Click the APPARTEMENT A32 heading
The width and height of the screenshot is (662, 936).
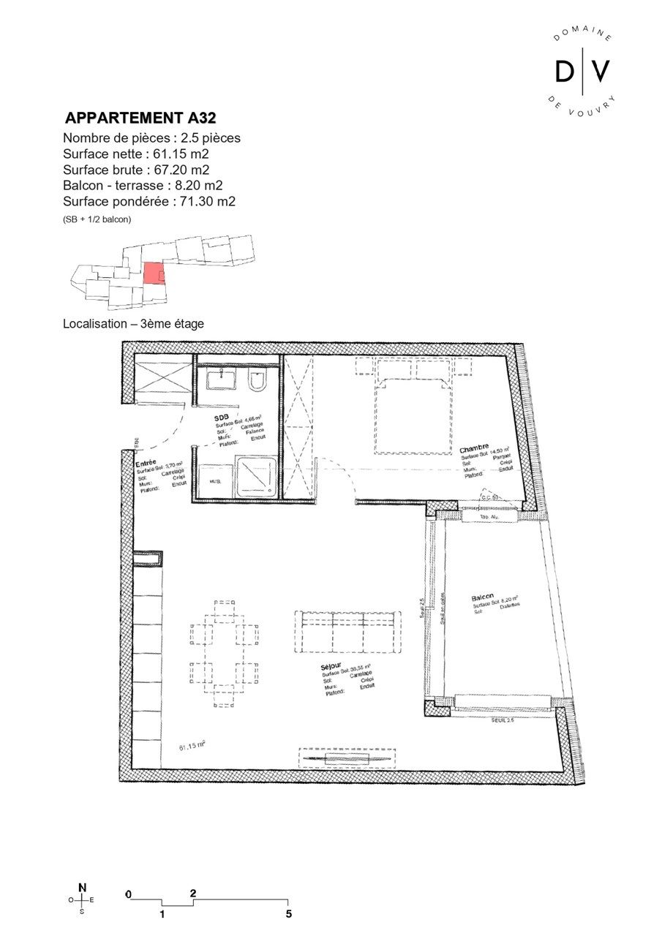[x=140, y=118]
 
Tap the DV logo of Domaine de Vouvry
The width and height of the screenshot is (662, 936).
[x=582, y=71]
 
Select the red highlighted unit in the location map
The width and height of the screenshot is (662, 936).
[x=153, y=273]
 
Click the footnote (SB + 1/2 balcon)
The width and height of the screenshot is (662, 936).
[x=97, y=219]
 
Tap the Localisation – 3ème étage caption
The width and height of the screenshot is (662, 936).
[x=133, y=323]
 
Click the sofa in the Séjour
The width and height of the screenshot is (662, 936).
[x=347, y=631]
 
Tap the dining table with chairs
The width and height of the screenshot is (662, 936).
[x=225, y=654]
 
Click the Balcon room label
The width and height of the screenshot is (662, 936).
[x=483, y=597]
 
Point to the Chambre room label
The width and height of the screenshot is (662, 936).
[x=474, y=447]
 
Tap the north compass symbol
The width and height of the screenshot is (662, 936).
[x=82, y=900]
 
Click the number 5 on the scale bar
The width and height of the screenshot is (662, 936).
[x=289, y=914]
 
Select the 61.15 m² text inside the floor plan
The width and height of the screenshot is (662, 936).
[x=192, y=747]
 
